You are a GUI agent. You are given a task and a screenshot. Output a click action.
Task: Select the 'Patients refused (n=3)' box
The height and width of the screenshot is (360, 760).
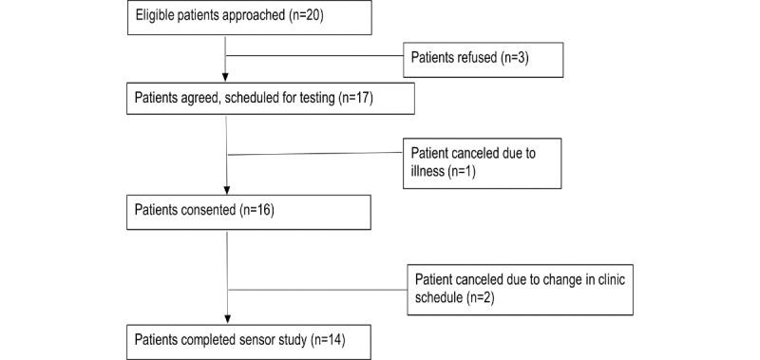(x=484, y=59)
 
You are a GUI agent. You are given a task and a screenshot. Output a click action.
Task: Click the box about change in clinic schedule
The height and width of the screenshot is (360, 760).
(x=523, y=288)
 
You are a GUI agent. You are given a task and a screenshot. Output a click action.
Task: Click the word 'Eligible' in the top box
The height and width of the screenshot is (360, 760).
(x=158, y=17)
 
